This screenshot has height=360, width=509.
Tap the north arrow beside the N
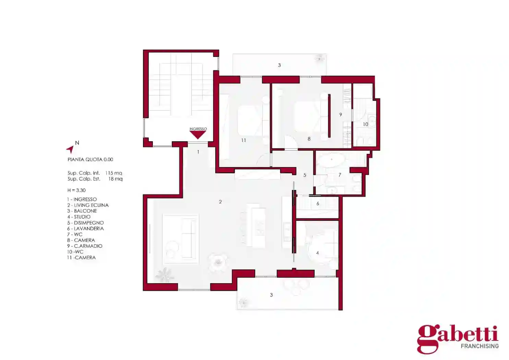(71, 149)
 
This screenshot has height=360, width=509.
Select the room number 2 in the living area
(220, 202)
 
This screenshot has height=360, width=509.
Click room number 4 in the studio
(317, 253)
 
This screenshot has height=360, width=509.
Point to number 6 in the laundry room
(318, 203)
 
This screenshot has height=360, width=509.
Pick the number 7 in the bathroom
(340, 175)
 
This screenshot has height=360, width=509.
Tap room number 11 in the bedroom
(244, 140)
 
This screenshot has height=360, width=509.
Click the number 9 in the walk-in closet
(340, 115)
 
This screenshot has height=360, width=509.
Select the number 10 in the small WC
(365, 124)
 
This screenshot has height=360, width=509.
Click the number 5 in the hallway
(305, 175)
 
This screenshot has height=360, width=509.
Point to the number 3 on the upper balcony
(279, 65)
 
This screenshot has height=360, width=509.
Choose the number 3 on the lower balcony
(271, 295)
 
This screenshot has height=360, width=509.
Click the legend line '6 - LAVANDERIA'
(85, 228)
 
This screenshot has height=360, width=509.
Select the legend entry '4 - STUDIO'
(79, 217)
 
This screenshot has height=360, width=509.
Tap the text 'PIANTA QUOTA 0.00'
(90, 159)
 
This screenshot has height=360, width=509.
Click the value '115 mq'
(113, 173)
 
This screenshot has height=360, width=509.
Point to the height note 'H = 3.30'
(76, 190)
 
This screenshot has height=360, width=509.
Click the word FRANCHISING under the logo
(480, 346)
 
